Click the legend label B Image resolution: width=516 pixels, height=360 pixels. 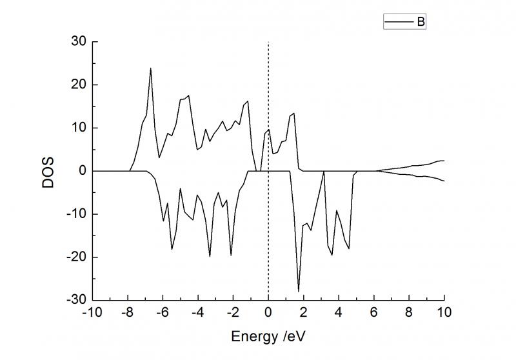pyautogui.click(x=420, y=22)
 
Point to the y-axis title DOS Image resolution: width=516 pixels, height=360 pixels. pyautogui.click(x=49, y=170)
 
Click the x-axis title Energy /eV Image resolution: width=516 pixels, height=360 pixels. pyautogui.click(x=268, y=337)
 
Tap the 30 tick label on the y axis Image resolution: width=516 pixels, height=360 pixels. pyautogui.click(x=79, y=42)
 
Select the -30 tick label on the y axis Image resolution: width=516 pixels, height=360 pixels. pyautogui.click(x=77, y=300)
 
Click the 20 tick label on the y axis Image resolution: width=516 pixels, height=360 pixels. pyautogui.click(x=79, y=85)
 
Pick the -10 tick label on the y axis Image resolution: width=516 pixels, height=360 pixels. pyautogui.click(x=77, y=214)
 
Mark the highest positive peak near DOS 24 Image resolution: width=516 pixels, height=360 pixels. pyautogui.click(x=151, y=68)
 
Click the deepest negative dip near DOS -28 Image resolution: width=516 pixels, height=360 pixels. pyautogui.click(x=299, y=291)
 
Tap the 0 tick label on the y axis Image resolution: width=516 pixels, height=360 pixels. pyautogui.click(x=82, y=171)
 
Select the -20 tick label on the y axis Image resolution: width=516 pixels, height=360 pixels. pyautogui.click(x=77, y=257)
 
